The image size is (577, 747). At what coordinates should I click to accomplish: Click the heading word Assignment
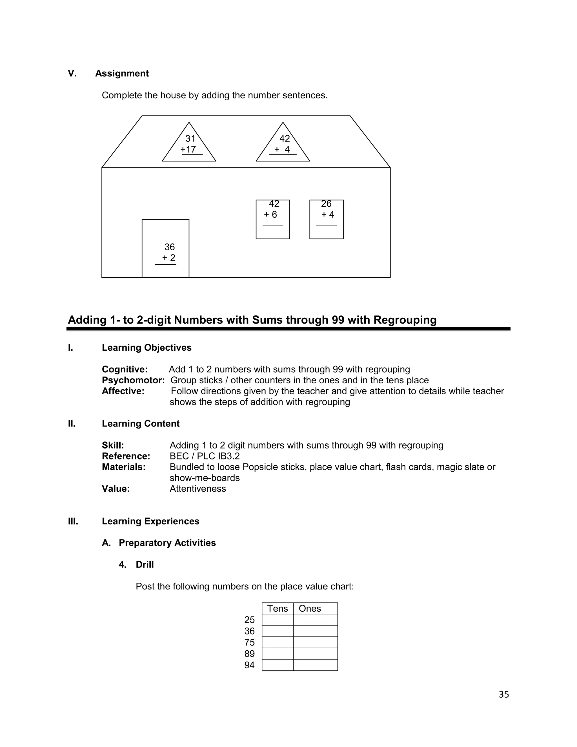coord(122,74)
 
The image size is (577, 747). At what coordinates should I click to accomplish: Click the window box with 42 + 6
coord(273,220)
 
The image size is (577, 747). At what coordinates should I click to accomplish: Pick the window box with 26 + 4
coord(327,220)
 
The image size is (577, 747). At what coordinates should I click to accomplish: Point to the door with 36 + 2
coord(165,249)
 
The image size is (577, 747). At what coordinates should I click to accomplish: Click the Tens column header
coord(278,609)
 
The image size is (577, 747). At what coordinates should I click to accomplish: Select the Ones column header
coord(310,609)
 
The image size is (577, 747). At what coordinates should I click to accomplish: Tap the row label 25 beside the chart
coord(250,620)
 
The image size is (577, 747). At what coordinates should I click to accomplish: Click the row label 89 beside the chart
coord(250,654)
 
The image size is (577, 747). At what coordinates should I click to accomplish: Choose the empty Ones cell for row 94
coord(316,665)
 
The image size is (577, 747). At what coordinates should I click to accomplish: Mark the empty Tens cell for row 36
coord(278,631)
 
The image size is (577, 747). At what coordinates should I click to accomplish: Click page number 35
coord(504,695)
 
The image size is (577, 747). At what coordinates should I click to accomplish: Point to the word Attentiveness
coord(197,489)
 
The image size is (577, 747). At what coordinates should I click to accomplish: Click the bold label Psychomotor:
coord(133,380)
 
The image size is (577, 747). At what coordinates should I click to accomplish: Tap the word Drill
coord(145,565)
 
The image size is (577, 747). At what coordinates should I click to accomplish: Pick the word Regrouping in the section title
coord(405,320)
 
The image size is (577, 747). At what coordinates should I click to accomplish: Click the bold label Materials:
coord(124,467)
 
